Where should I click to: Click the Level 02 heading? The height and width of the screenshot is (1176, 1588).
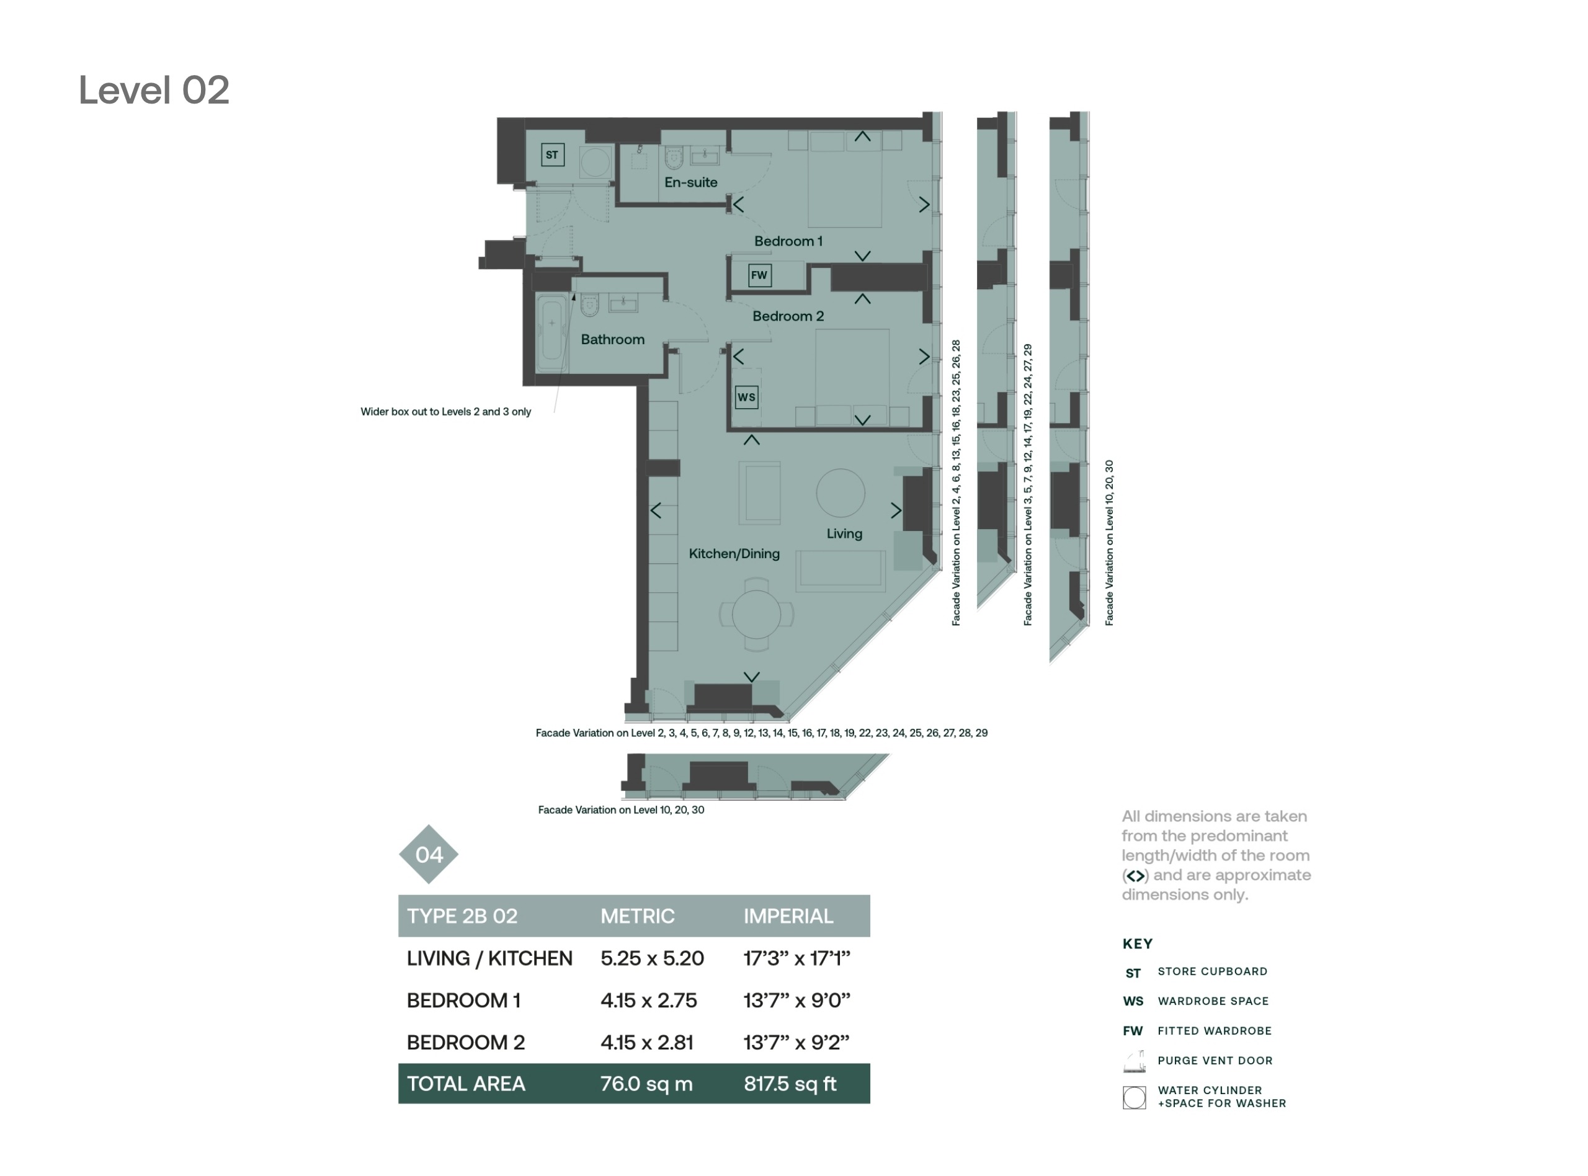[154, 91]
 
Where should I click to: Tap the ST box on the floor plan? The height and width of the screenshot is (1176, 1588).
[552, 154]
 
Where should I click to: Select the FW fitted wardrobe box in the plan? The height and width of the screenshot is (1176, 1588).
[759, 275]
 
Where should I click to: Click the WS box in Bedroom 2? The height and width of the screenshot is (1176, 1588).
[746, 396]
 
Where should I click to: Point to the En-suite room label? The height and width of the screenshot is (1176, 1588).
[690, 182]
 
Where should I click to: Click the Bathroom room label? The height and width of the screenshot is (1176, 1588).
[612, 339]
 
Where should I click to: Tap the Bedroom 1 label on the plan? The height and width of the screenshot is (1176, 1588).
[788, 241]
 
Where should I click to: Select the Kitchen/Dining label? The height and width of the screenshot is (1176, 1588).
[734, 554]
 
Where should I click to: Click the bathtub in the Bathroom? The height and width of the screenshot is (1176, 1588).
[551, 332]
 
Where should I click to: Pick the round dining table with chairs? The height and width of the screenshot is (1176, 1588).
[756, 614]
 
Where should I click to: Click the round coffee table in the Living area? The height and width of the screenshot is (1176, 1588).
[841, 492]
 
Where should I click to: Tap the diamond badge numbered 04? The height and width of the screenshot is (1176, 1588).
[429, 854]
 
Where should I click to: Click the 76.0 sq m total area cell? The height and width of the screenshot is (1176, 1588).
[646, 1084]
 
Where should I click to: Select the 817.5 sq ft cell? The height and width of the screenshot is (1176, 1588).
[790, 1084]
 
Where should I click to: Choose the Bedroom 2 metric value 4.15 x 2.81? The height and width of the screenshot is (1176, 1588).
[646, 1042]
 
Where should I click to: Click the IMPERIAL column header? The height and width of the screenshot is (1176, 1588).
[788, 916]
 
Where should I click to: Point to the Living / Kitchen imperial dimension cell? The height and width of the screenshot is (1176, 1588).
[797, 958]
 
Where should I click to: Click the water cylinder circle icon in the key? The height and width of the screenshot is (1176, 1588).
[1134, 1098]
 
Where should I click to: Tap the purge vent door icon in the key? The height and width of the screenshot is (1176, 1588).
[1135, 1061]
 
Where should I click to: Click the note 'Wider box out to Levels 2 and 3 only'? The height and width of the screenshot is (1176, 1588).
[445, 411]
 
